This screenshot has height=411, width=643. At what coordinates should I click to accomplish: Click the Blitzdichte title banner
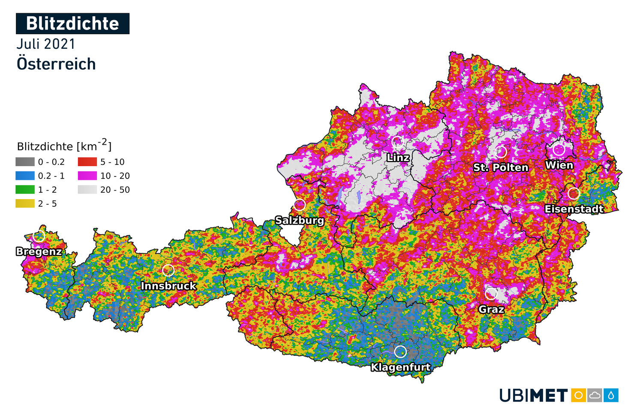click(x=72, y=24)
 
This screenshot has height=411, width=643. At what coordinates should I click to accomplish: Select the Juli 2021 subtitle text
click(x=46, y=44)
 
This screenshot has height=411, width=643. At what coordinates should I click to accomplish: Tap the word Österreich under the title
click(x=56, y=64)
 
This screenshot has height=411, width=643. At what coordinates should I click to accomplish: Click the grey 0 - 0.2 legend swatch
click(x=25, y=162)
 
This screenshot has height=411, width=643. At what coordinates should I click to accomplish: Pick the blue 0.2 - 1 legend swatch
click(x=25, y=176)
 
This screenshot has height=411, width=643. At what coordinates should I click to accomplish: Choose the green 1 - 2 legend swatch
click(x=25, y=190)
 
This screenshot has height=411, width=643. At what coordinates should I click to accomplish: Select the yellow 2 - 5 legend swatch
click(x=25, y=203)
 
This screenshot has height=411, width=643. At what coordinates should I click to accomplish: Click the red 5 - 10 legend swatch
click(x=87, y=162)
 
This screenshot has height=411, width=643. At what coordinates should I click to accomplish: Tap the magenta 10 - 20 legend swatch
click(x=87, y=176)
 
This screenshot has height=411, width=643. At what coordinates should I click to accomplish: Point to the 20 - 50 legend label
click(x=115, y=190)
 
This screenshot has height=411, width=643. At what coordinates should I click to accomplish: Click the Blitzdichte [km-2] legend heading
click(x=64, y=146)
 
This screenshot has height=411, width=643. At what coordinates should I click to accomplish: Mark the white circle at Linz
click(x=397, y=143)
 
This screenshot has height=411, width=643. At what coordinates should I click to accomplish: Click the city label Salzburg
click(x=300, y=220)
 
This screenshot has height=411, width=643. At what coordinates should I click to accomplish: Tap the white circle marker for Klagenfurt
click(x=400, y=351)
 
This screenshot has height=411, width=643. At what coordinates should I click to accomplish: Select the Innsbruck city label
click(x=168, y=286)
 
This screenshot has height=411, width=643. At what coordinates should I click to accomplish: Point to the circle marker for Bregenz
click(x=39, y=236)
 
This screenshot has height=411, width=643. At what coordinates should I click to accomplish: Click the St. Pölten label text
click(x=501, y=167)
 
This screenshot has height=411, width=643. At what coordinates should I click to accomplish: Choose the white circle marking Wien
click(x=559, y=150)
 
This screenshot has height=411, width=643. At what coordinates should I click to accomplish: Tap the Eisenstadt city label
click(x=574, y=209)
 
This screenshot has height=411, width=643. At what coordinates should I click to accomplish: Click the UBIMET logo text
click(x=534, y=395)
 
